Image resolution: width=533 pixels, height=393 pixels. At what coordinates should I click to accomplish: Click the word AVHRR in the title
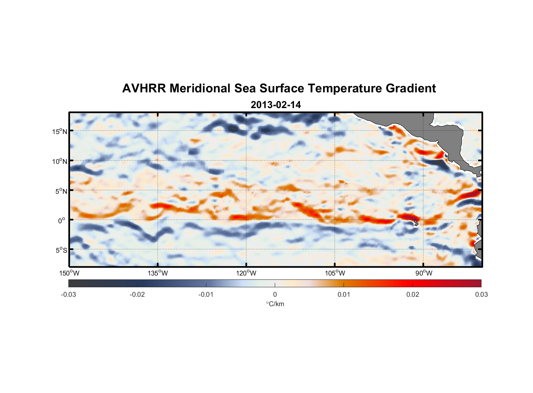(143, 88)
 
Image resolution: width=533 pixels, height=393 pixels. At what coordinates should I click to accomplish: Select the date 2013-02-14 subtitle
(276, 105)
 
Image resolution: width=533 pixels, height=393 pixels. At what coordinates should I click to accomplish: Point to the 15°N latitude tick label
(60, 131)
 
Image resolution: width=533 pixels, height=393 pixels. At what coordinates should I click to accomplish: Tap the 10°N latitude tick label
(60, 161)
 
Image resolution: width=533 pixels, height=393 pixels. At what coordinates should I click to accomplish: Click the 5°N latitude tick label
(61, 191)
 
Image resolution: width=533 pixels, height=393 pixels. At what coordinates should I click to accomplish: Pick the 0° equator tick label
(62, 220)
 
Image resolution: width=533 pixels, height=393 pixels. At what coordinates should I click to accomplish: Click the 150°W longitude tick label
(69, 273)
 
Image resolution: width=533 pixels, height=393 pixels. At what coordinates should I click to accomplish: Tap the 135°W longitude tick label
(158, 273)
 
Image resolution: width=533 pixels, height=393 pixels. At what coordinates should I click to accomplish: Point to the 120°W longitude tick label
(246, 273)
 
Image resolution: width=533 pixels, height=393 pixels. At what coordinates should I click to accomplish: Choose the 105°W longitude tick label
(335, 273)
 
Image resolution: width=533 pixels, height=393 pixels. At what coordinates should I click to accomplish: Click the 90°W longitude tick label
(424, 273)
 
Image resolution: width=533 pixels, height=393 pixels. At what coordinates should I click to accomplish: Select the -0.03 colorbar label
(68, 294)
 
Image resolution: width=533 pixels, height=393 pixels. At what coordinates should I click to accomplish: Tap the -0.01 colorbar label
(206, 294)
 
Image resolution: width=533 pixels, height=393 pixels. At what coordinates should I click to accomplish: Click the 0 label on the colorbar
(275, 294)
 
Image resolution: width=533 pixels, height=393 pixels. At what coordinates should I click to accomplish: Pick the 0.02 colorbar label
(413, 294)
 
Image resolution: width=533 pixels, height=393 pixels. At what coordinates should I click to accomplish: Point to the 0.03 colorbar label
(481, 294)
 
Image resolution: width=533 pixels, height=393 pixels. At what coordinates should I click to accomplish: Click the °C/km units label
(275, 304)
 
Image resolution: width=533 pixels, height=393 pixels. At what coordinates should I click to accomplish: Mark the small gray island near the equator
(416, 222)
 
